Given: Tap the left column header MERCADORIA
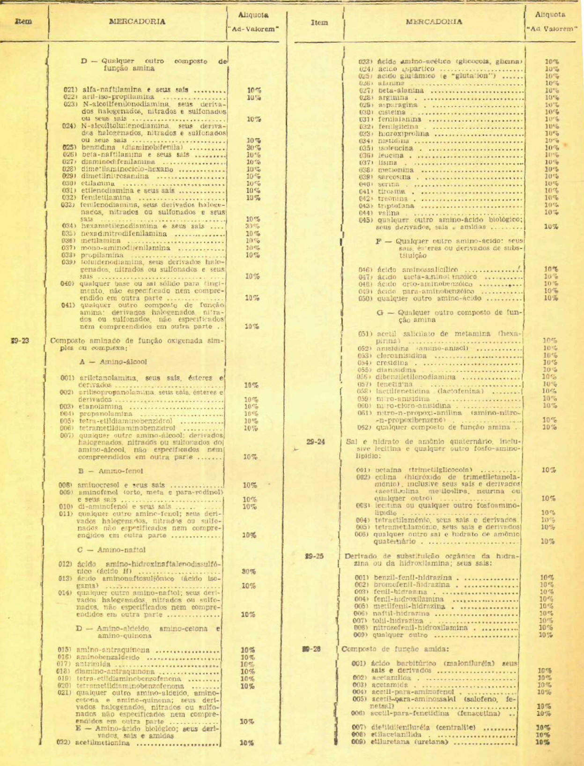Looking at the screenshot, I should pyautogui.click(x=137, y=22).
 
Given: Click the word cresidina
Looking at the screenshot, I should pyautogui.click(x=388, y=363).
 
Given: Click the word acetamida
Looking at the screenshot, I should pyautogui.click(x=389, y=685).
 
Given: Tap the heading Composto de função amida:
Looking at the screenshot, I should pyautogui.click(x=395, y=649).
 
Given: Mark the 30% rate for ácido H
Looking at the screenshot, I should pyautogui.click(x=248, y=572).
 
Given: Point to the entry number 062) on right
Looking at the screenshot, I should pyautogui.click(x=364, y=427).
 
